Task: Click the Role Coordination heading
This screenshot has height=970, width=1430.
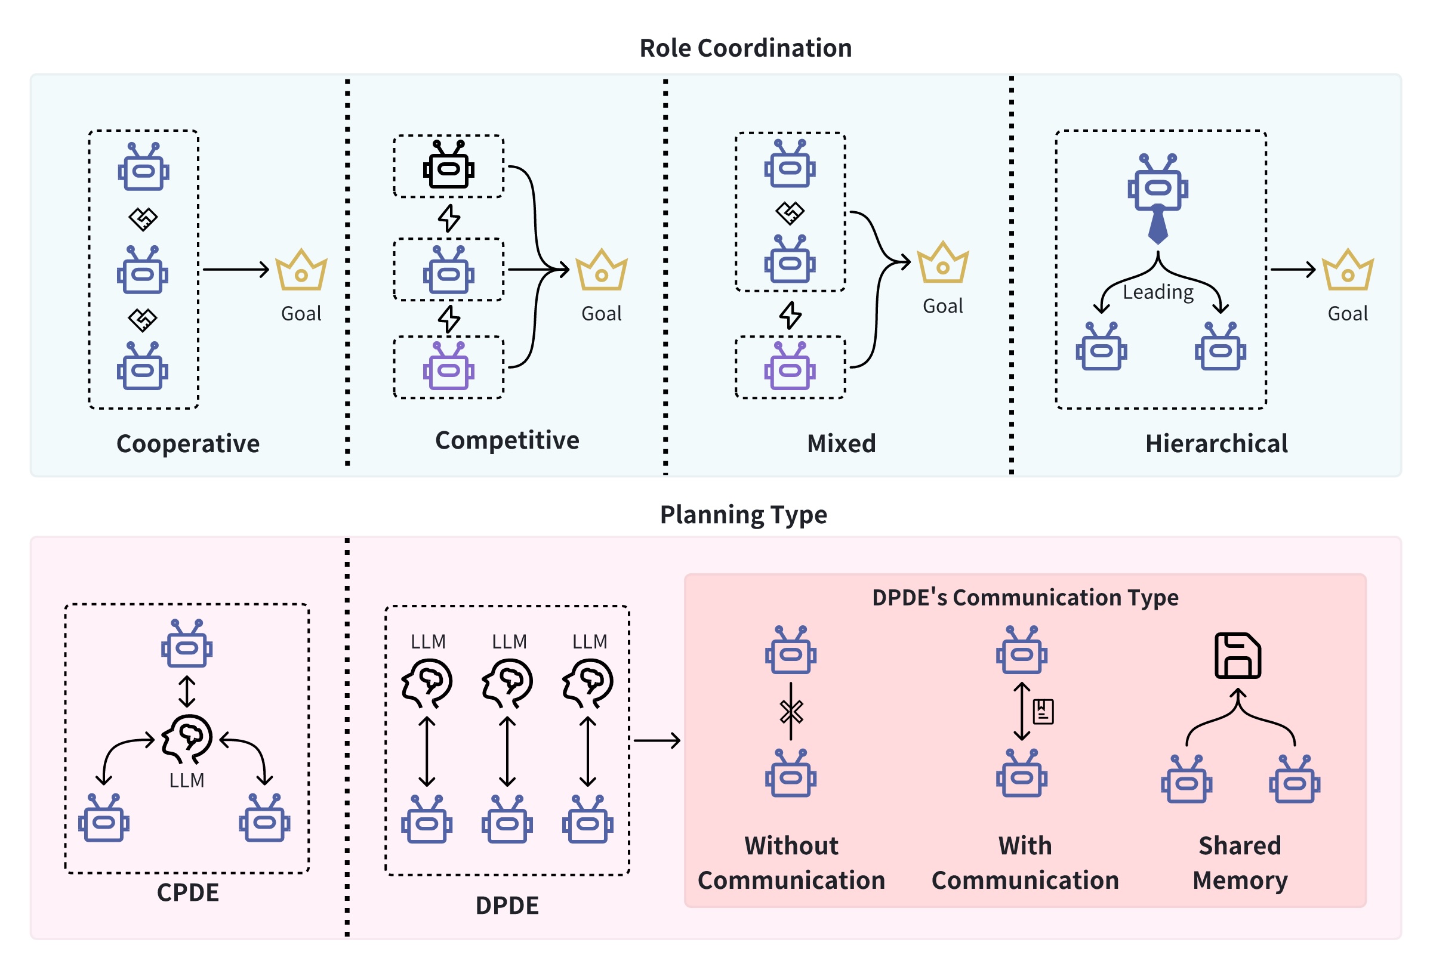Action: click(x=745, y=48)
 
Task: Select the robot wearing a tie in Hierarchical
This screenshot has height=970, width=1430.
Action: click(x=1157, y=191)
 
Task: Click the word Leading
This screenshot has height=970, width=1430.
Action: click(x=1157, y=292)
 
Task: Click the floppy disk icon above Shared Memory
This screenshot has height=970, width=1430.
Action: click(x=1237, y=655)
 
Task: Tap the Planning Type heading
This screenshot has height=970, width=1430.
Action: click(x=742, y=514)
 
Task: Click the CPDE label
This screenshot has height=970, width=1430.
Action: click(x=187, y=892)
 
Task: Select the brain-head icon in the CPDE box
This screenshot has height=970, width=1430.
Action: click(x=187, y=739)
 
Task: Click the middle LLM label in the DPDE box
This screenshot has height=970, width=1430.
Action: click(x=509, y=641)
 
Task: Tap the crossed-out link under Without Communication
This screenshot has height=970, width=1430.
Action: click(x=791, y=712)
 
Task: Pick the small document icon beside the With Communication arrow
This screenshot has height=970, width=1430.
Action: click(x=1043, y=712)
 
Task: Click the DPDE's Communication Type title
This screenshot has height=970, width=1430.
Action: click(x=1025, y=597)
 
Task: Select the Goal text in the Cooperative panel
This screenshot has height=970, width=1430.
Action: click(x=301, y=314)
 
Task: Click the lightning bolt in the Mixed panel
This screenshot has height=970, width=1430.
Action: click(x=790, y=315)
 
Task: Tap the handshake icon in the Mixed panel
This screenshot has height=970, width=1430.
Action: click(x=790, y=213)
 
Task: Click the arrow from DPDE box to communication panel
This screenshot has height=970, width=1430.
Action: click(x=657, y=740)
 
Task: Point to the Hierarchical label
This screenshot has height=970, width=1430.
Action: click(x=1216, y=443)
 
